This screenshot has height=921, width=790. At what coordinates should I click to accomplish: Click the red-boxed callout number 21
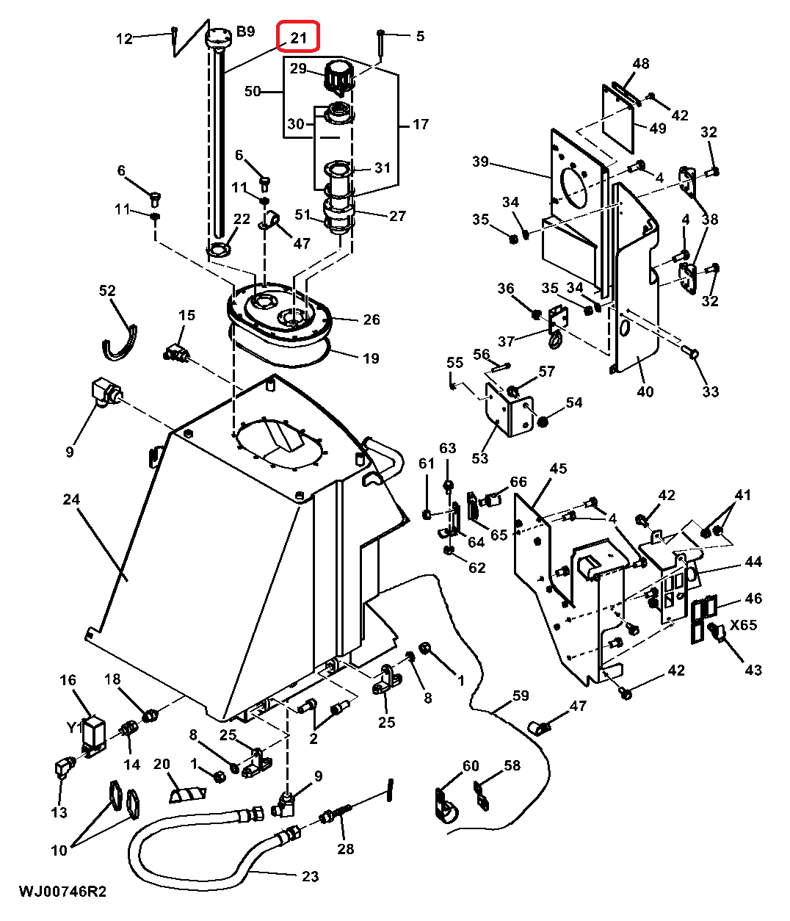click(x=298, y=37)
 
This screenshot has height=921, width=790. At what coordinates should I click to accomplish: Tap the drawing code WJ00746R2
click(x=62, y=892)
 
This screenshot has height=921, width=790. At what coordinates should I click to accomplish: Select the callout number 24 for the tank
click(x=70, y=499)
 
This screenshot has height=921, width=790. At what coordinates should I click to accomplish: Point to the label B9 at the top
click(x=244, y=32)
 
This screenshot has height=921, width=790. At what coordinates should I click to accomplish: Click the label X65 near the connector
click(x=743, y=626)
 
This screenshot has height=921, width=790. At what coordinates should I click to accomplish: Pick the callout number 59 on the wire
click(x=520, y=695)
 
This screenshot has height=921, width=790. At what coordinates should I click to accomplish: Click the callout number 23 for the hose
click(x=310, y=875)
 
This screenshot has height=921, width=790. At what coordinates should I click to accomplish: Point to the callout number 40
click(x=645, y=391)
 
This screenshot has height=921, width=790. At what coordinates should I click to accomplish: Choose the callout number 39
click(x=480, y=161)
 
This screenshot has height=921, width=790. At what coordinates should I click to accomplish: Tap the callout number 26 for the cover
click(x=372, y=319)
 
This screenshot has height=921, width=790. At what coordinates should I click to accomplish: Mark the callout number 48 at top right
click(x=640, y=64)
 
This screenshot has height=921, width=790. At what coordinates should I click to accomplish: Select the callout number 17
click(x=420, y=124)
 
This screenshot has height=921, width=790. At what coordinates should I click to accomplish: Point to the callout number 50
click(x=253, y=91)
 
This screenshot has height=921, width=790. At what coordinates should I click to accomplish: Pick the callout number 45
click(x=558, y=468)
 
